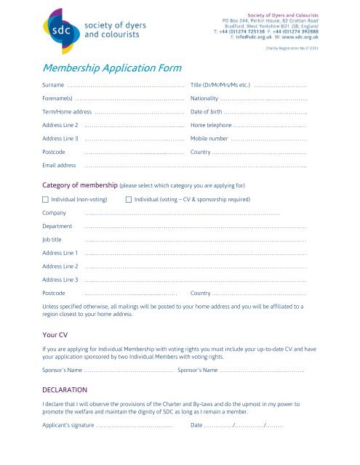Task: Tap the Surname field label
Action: (x=55, y=86)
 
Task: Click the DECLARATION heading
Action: (x=65, y=389)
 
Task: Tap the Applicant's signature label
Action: (x=69, y=425)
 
